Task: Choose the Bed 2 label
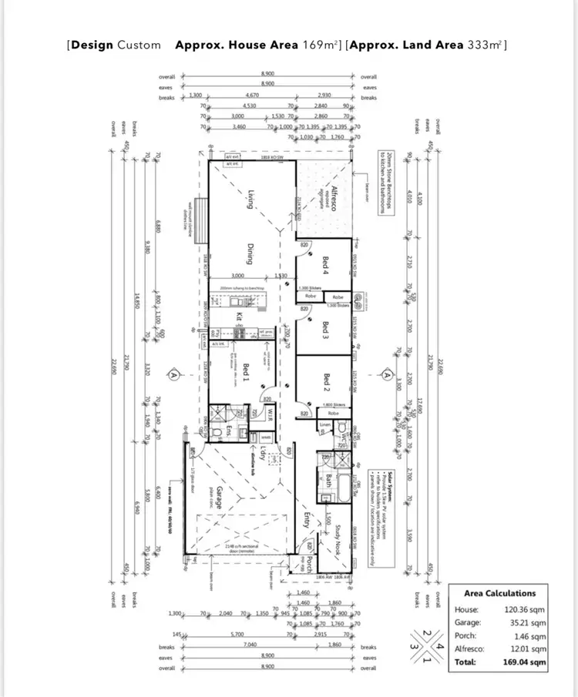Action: click(326, 380)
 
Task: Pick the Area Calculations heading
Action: click(499, 593)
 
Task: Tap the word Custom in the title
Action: click(139, 45)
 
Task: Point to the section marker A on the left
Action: click(174, 375)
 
